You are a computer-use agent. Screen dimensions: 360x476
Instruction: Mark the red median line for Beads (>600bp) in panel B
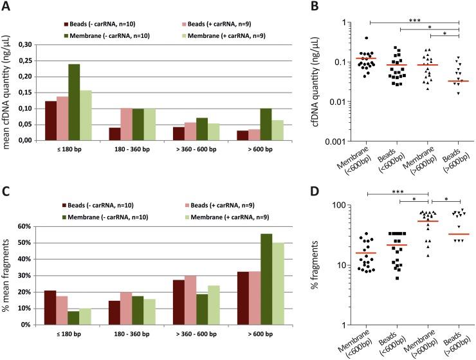(x=457, y=81)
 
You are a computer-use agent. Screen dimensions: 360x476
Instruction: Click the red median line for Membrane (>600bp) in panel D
(x=426, y=221)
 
